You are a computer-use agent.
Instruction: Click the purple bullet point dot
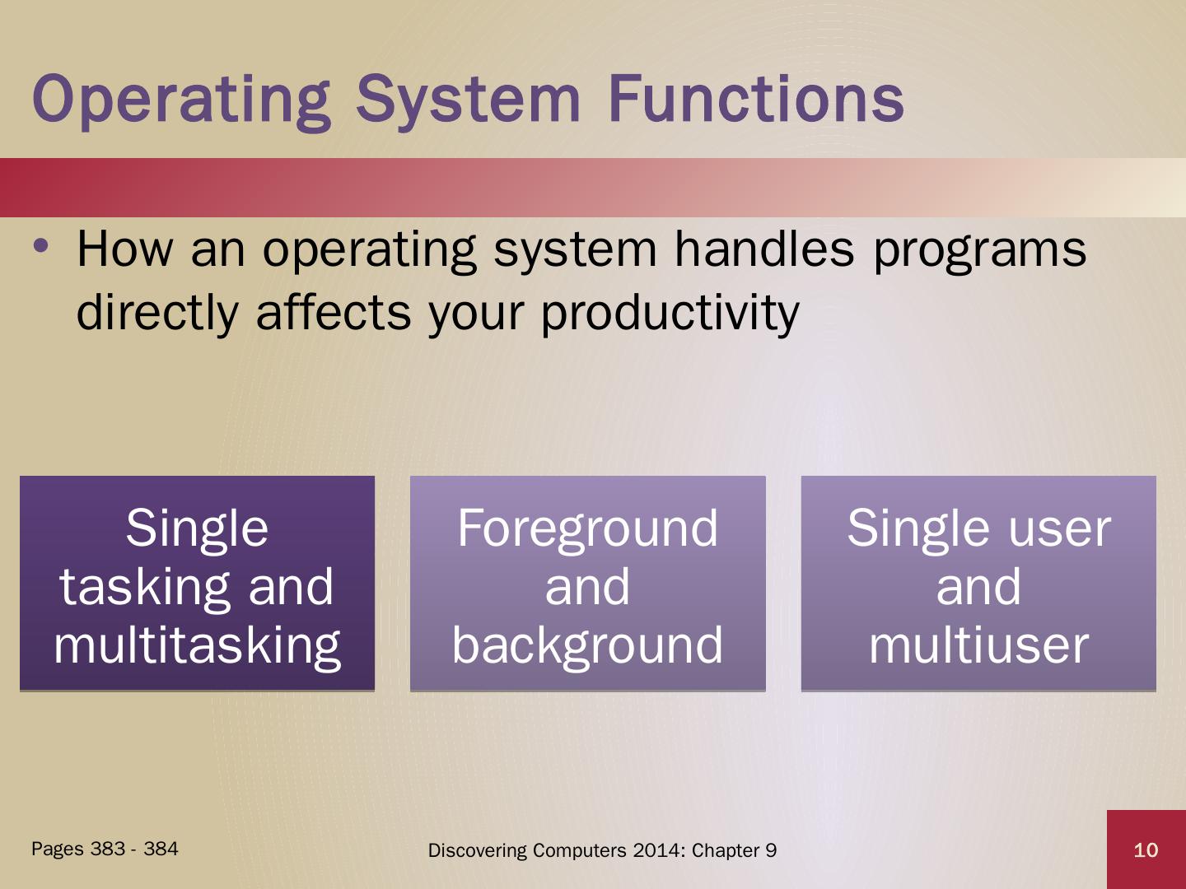pyautogui.click(x=40, y=246)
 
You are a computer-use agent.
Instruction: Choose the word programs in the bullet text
pyautogui.click(x=979, y=254)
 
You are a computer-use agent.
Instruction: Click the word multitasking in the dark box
pyautogui.click(x=197, y=647)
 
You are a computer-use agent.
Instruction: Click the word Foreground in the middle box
pyautogui.click(x=588, y=529)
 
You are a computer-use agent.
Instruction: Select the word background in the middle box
pyautogui.click(x=587, y=647)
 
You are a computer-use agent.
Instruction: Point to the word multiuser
pyautogui.click(x=978, y=645)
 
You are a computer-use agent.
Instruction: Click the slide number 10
pyautogui.click(x=1146, y=850)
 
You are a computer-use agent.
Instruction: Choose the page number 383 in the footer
pyautogui.click(x=108, y=849)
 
